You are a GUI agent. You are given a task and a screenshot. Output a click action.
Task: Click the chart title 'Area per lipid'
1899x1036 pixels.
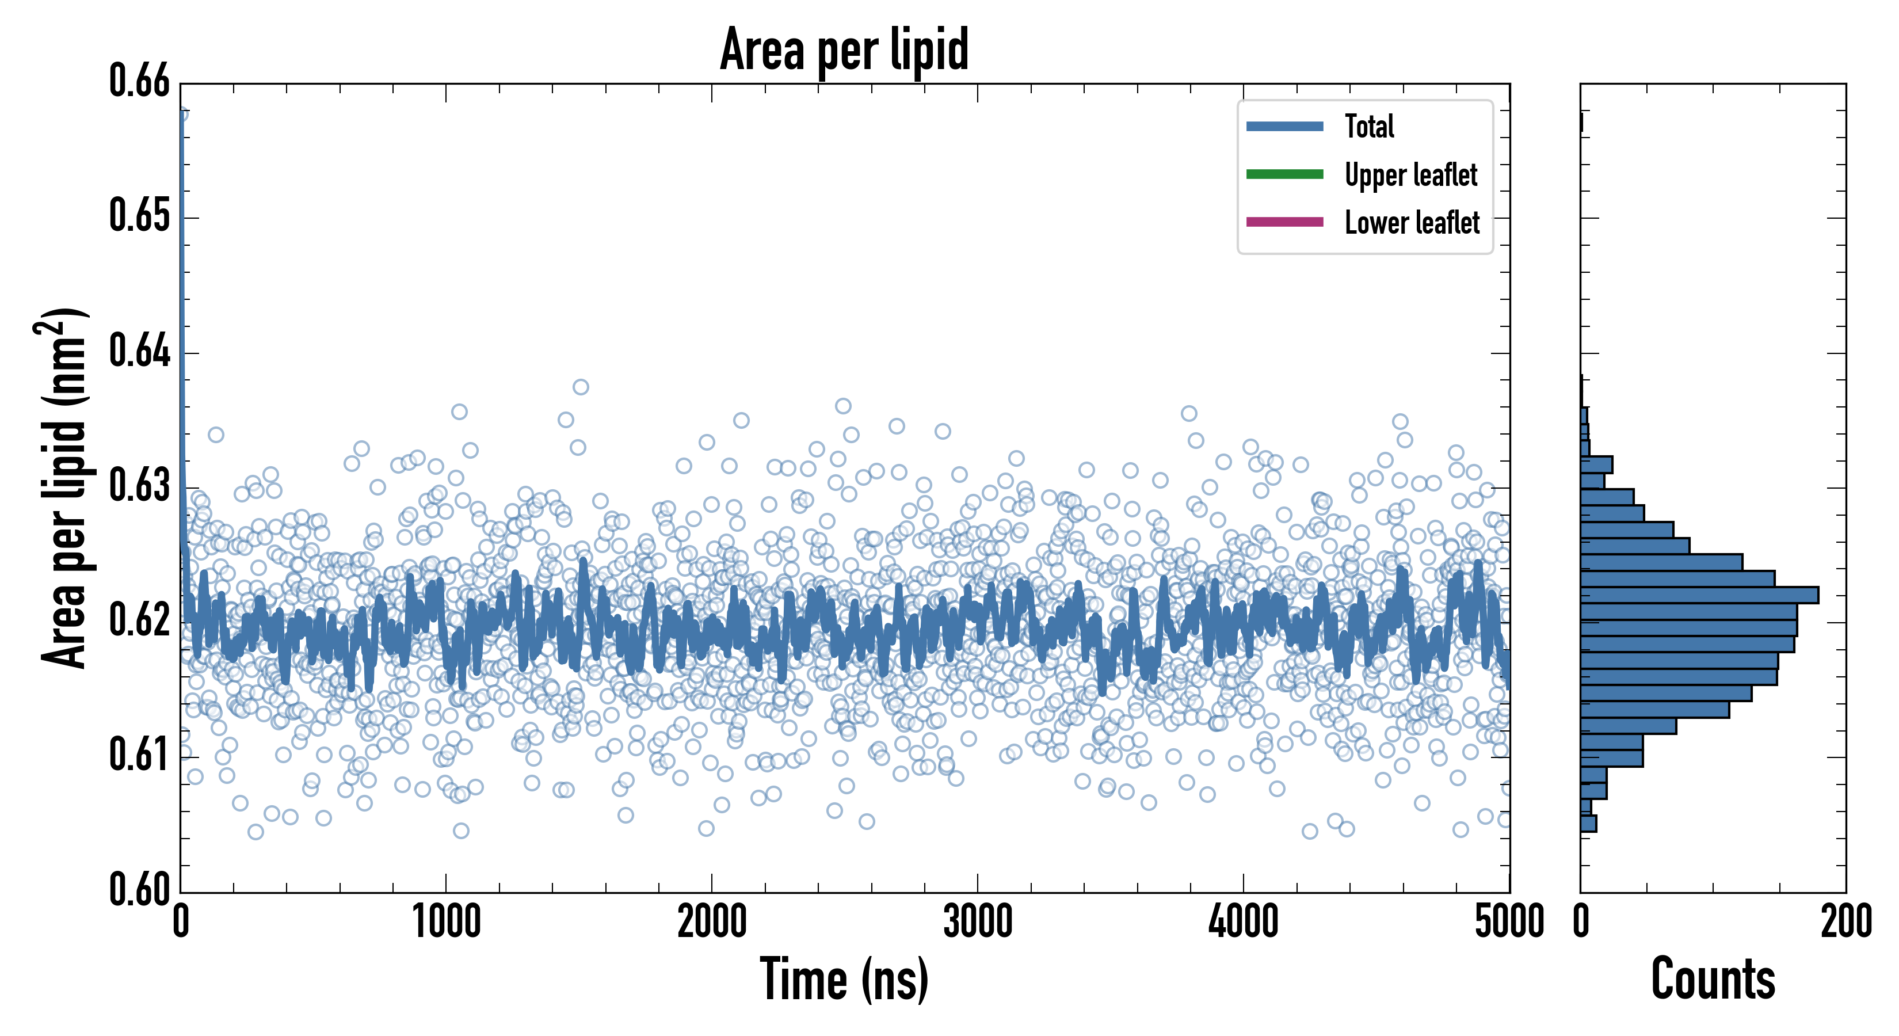(x=844, y=49)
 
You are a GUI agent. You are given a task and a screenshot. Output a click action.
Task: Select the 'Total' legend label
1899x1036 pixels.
(x=1369, y=126)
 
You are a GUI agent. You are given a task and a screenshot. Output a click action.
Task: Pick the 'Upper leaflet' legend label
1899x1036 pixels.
(x=1410, y=175)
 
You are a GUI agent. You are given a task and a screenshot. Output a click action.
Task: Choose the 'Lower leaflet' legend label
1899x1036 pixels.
(x=1412, y=223)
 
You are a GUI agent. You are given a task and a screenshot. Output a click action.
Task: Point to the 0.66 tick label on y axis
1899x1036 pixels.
(x=140, y=81)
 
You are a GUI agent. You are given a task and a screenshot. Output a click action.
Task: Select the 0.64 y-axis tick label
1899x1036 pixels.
(x=140, y=351)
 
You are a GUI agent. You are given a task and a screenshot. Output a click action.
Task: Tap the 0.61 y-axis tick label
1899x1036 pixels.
(x=140, y=755)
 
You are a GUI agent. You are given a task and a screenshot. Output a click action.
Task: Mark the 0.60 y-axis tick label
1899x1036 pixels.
(x=140, y=889)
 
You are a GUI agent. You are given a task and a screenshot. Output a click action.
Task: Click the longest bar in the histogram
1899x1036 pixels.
(x=1699, y=595)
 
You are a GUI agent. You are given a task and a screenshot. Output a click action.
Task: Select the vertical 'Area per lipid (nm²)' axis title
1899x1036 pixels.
(x=63, y=488)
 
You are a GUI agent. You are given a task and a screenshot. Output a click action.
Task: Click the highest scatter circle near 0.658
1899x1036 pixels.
(x=181, y=113)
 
